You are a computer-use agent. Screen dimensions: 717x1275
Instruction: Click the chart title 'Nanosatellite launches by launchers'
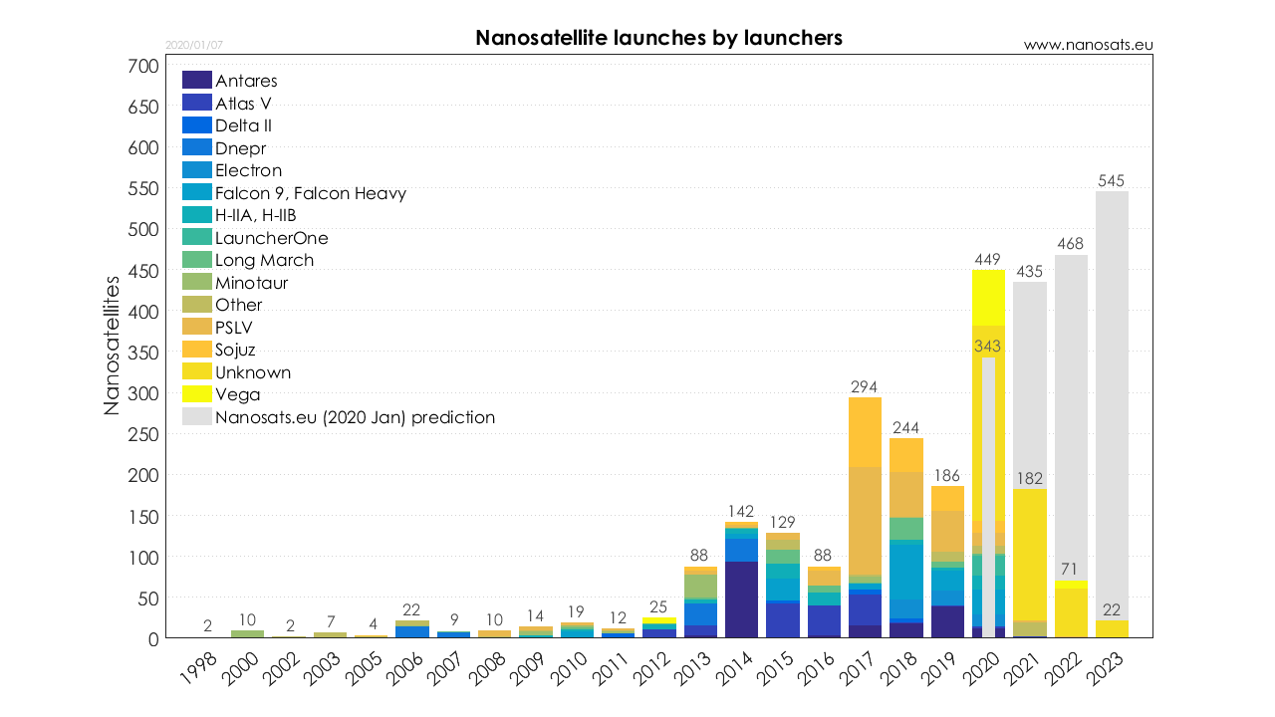point(658,38)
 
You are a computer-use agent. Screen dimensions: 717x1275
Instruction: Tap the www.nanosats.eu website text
point(1088,45)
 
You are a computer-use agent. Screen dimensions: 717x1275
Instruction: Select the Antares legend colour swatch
point(197,81)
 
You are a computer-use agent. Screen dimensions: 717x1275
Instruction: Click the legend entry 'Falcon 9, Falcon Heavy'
point(310,193)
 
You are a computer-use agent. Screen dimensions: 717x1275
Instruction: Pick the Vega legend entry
point(237,394)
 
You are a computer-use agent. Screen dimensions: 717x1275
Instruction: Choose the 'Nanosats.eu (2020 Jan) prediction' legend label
point(355,417)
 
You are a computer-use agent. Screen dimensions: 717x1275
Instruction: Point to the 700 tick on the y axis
point(143,66)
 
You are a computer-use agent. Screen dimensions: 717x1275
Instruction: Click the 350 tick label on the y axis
point(143,353)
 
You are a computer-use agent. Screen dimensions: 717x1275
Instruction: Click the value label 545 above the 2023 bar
point(1112,180)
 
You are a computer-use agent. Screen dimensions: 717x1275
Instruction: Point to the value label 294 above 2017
point(865,385)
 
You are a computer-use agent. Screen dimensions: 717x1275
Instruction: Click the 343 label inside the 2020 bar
point(988,347)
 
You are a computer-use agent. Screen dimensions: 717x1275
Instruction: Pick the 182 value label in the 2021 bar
point(1030,478)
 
